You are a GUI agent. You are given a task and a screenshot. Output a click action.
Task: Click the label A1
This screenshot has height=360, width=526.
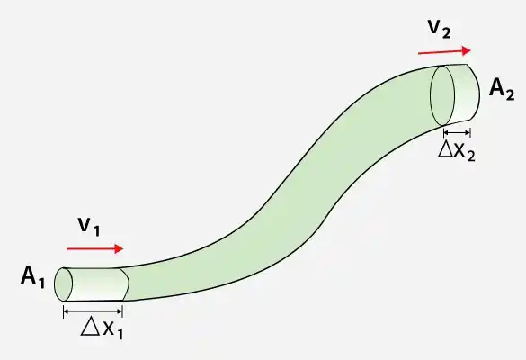point(32,277)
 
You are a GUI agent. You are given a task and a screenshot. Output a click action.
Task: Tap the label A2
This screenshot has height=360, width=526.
point(502,89)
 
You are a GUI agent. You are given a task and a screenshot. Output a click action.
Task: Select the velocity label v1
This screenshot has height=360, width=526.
point(89,227)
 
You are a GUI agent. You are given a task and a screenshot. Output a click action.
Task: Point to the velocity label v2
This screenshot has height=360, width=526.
point(440,29)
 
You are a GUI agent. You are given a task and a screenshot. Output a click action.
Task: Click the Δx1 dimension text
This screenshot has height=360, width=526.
point(102,328)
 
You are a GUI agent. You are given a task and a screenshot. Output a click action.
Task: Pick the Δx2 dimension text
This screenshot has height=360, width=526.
point(457,152)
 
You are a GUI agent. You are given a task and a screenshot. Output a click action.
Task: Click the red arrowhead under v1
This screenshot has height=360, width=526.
point(119,248)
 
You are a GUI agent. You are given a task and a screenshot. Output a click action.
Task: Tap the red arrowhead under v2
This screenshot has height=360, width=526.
point(467,50)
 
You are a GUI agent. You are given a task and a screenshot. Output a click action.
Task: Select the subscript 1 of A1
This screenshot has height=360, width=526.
point(41,283)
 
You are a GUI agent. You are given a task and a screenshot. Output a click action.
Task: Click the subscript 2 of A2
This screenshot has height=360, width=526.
point(510,94)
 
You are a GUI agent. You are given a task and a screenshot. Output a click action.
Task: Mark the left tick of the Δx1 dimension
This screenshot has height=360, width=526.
point(64,311)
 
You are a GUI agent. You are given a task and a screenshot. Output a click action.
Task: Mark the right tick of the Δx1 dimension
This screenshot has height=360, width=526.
point(122,311)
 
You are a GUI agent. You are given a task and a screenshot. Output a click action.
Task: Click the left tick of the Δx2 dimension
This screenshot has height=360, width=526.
point(444,132)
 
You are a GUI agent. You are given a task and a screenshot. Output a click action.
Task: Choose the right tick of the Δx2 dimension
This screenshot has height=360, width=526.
point(470,132)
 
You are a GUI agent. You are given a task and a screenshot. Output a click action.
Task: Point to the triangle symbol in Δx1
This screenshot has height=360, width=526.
point(91,327)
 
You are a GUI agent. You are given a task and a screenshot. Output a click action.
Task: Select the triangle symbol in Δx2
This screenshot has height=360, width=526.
point(446,150)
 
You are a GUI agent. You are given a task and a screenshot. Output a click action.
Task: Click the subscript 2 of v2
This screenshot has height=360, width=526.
point(446,33)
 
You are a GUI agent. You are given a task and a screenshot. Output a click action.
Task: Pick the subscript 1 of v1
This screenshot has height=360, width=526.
point(96,230)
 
